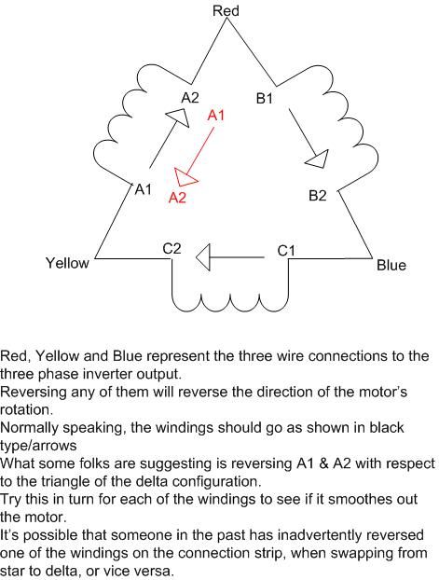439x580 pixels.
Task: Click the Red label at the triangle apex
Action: [226, 11]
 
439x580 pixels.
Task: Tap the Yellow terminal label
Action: [67, 263]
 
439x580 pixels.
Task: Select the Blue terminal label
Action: [391, 265]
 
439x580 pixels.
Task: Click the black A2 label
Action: [190, 98]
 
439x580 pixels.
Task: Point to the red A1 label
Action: [216, 116]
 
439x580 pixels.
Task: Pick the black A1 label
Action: [144, 189]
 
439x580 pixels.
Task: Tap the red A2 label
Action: [177, 198]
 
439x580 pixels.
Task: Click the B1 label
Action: [264, 99]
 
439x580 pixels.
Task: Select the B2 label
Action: [318, 195]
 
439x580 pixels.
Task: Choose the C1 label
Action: [286, 251]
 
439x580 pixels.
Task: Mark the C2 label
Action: [172, 249]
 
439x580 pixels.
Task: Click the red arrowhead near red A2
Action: [185, 177]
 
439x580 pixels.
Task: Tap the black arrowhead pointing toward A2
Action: [178, 117]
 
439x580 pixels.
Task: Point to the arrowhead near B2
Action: [318, 159]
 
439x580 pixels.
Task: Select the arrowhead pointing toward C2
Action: [203, 257]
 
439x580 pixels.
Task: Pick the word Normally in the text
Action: [29, 428]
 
